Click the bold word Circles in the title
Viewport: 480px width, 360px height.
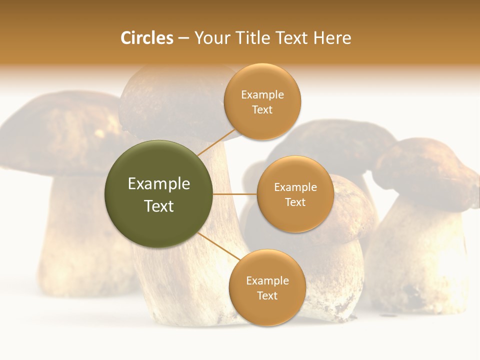[x=147, y=38]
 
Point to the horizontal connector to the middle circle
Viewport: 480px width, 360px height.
[x=235, y=194]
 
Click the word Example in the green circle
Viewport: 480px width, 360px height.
[x=159, y=184]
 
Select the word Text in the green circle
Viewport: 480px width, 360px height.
[x=159, y=206]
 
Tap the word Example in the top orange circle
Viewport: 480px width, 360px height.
[x=262, y=95]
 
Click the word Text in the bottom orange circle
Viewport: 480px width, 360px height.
[x=267, y=295]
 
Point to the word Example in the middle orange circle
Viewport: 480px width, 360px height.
[x=295, y=187]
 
